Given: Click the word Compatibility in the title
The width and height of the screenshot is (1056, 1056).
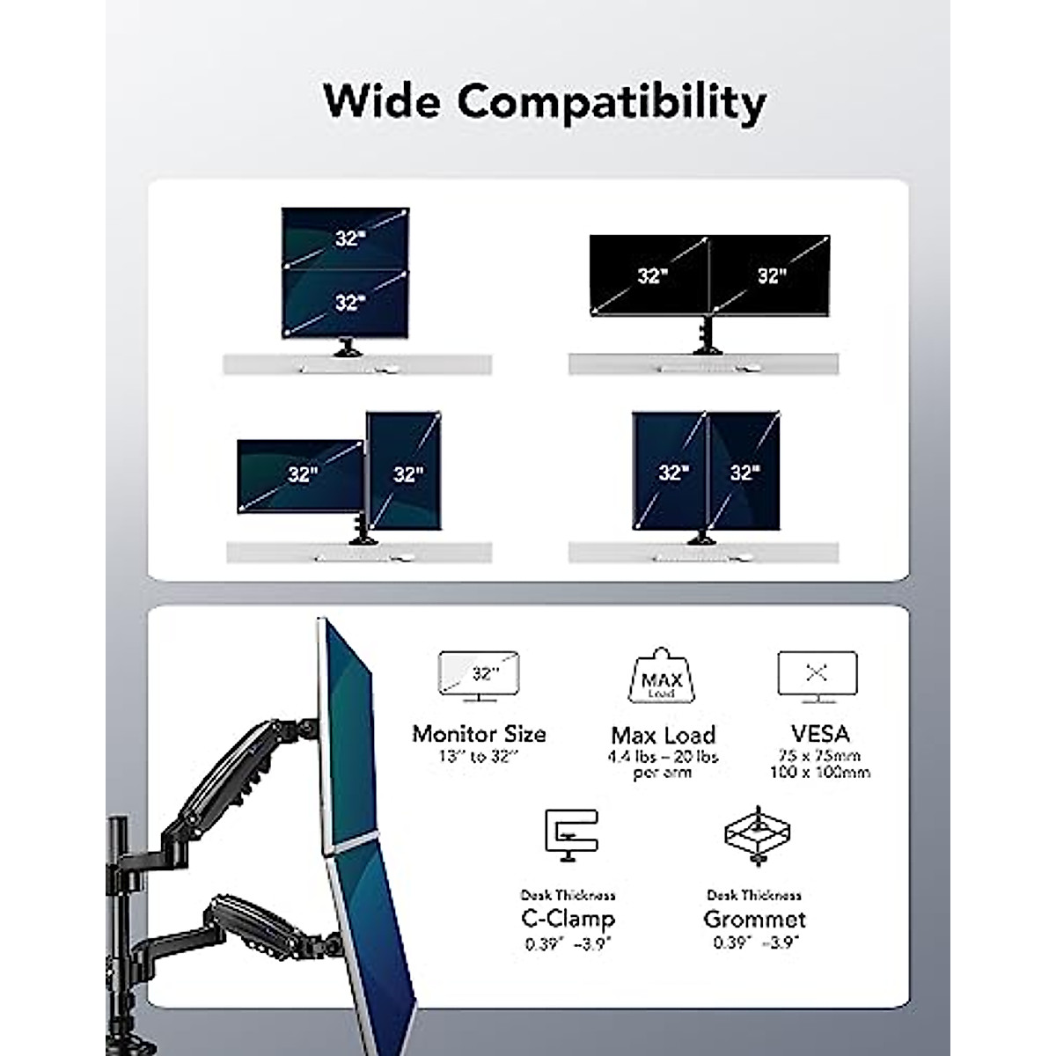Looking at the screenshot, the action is click(611, 102).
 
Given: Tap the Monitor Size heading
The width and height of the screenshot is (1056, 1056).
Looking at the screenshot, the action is click(479, 734).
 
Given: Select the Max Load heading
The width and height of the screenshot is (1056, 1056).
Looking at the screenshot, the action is click(664, 735).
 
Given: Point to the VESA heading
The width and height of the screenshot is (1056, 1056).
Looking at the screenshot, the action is click(819, 733).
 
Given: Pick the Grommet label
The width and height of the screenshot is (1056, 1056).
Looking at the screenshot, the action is click(754, 920).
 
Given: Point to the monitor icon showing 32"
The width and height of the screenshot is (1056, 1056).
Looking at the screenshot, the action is click(480, 676).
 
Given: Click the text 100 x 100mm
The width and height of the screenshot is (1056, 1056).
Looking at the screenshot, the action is click(819, 773).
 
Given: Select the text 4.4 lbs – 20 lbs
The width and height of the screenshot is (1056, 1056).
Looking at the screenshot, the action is click(664, 757).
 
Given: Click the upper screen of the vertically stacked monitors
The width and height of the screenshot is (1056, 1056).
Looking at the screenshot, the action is click(345, 238).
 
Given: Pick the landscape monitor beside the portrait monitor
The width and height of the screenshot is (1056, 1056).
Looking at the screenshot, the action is click(300, 475).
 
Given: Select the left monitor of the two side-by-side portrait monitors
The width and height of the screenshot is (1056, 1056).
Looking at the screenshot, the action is click(670, 471).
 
